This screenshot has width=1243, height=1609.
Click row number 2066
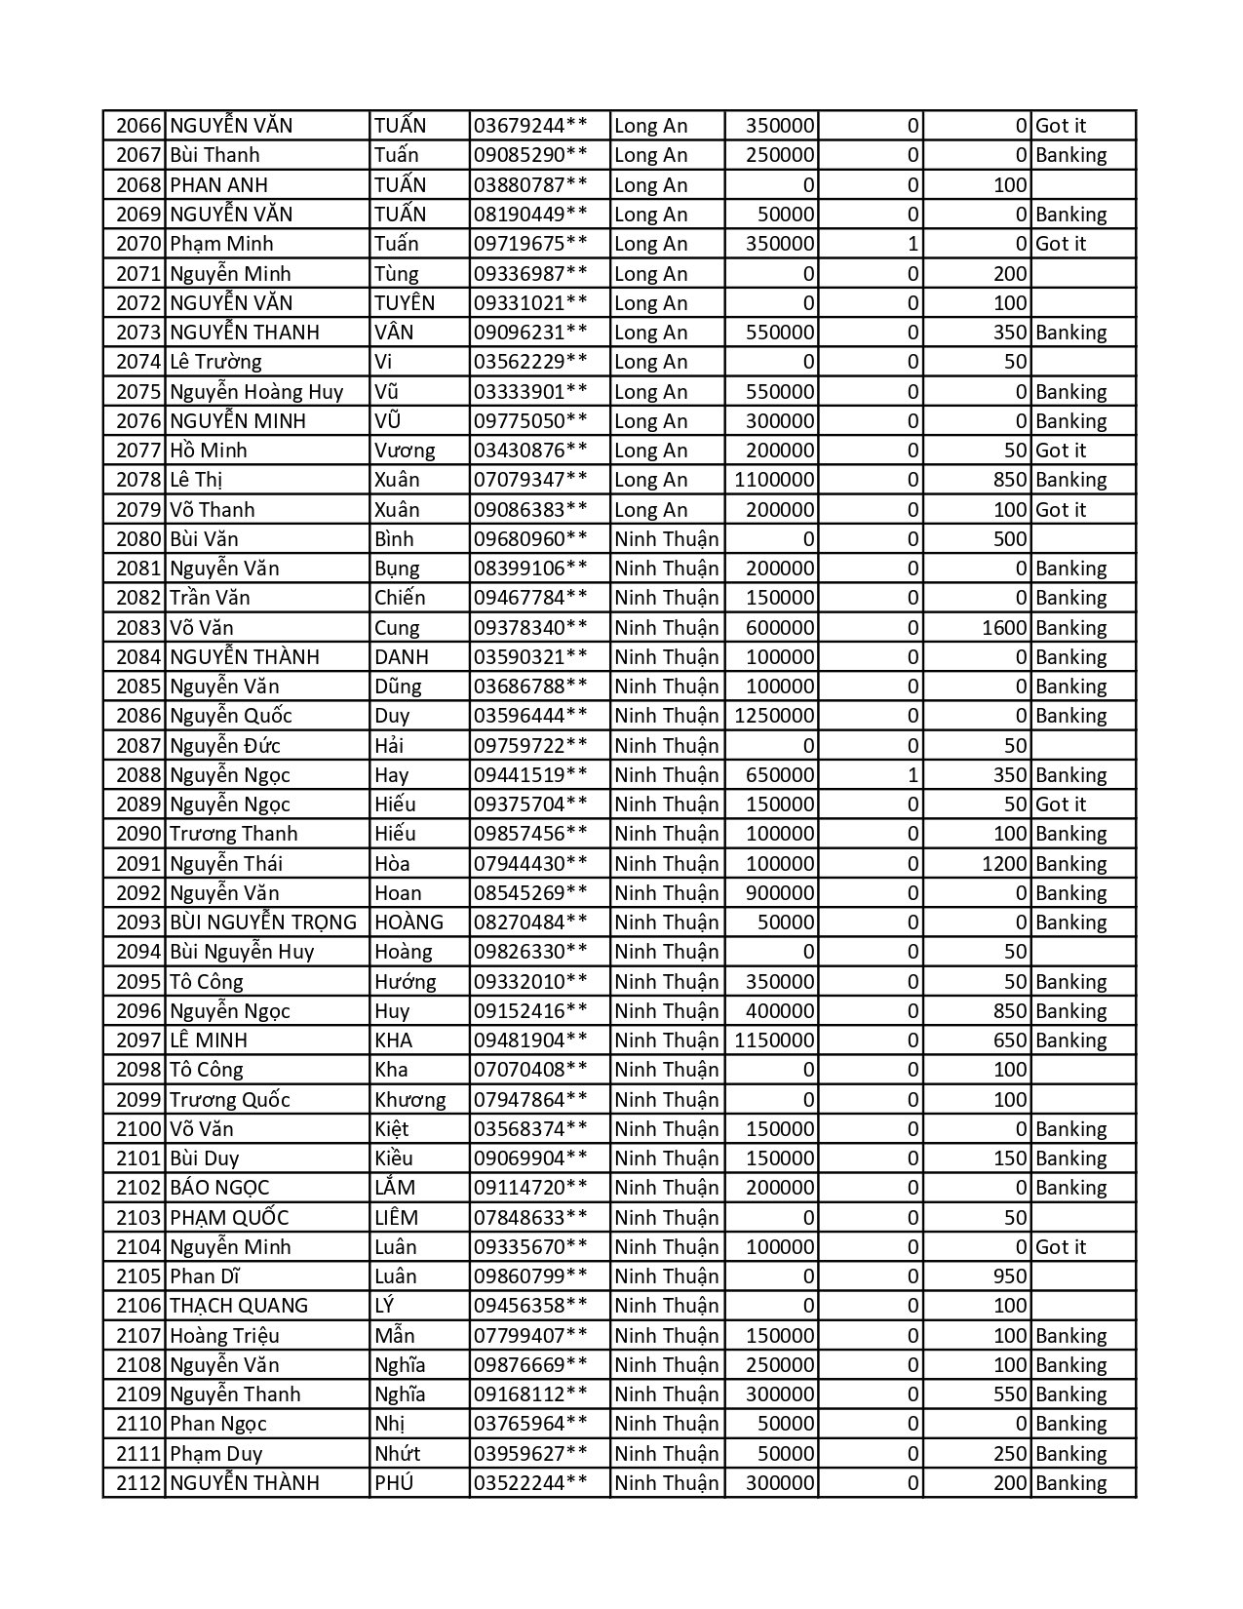click(136, 126)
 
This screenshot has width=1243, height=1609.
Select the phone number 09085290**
click(530, 155)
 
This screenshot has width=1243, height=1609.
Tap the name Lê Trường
click(215, 362)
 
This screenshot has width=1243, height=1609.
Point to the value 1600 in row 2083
click(1004, 628)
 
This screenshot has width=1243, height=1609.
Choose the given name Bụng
click(397, 569)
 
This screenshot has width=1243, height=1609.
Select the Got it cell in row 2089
click(1061, 804)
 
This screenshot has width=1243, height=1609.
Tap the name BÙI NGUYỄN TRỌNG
click(263, 922)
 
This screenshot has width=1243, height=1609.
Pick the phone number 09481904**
click(530, 1040)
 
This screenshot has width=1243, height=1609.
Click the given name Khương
click(409, 1100)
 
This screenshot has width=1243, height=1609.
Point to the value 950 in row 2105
click(1010, 1276)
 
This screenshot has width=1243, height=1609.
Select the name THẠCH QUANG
click(239, 1306)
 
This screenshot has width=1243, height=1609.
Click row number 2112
click(136, 1483)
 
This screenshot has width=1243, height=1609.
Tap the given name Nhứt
click(397, 1454)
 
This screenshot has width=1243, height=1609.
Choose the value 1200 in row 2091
click(1004, 864)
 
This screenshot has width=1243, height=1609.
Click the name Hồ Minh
click(209, 451)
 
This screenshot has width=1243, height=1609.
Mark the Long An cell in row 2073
click(651, 333)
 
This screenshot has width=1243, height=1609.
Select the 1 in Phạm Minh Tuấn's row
click(913, 244)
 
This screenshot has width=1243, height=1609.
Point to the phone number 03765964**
click(530, 1424)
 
